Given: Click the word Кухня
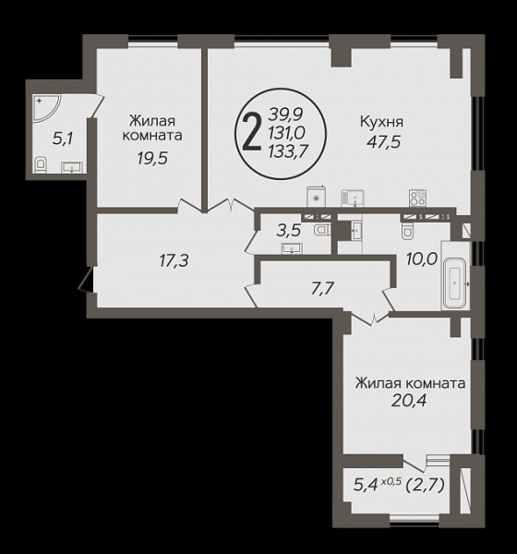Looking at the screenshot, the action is click(x=381, y=122).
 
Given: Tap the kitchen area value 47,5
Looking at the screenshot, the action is click(x=383, y=142).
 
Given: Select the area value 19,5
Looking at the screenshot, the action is click(x=152, y=159).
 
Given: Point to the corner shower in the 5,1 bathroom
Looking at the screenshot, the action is click(x=46, y=107).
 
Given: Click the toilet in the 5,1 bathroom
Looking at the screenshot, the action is click(x=42, y=164).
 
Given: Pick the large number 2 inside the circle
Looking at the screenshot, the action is click(x=252, y=134).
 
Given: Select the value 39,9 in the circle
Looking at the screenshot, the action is click(x=286, y=114).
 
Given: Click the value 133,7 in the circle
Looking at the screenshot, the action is click(x=286, y=152).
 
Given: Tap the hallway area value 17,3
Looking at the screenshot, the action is click(x=174, y=261).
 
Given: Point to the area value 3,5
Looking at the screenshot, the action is click(x=289, y=231).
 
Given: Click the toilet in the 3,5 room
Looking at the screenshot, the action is click(x=321, y=230).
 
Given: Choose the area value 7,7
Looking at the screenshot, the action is click(x=322, y=289).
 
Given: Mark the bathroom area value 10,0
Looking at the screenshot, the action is click(x=422, y=259).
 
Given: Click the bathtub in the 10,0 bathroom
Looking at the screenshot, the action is click(x=455, y=283).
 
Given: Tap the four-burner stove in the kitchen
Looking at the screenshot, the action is click(x=417, y=198).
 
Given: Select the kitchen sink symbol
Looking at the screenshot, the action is click(x=353, y=199).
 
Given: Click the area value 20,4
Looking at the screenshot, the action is click(x=409, y=401).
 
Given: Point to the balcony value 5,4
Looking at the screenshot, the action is click(x=365, y=486).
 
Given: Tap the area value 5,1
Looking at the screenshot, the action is click(x=63, y=138).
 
